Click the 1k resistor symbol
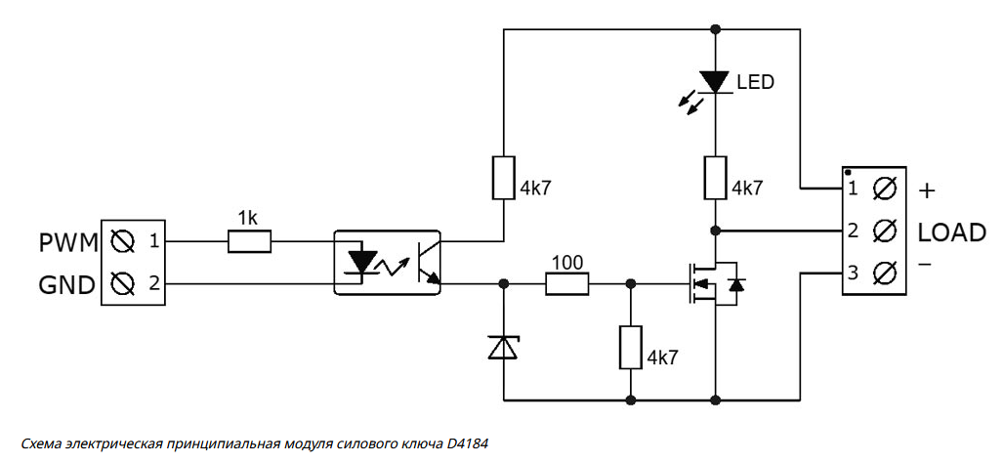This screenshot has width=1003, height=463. (249, 240)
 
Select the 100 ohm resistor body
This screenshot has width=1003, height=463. (566, 283)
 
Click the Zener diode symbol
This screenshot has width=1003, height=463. (504, 346)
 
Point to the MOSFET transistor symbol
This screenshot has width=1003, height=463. (713, 283)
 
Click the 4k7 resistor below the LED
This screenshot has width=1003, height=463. (716, 176)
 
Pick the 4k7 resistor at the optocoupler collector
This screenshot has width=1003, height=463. (504, 177)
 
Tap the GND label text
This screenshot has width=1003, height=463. (66, 285)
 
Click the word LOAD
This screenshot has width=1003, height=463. (951, 232)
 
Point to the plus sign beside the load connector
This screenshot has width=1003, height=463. (928, 189)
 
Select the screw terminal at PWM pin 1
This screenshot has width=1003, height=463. (123, 239)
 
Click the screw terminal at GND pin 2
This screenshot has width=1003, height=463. (123, 284)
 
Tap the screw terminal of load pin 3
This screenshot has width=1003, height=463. (885, 273)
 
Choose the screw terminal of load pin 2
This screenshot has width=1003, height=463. (885, 231)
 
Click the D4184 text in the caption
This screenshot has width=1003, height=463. (467, 443)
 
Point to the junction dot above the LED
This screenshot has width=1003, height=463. (716, 29)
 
